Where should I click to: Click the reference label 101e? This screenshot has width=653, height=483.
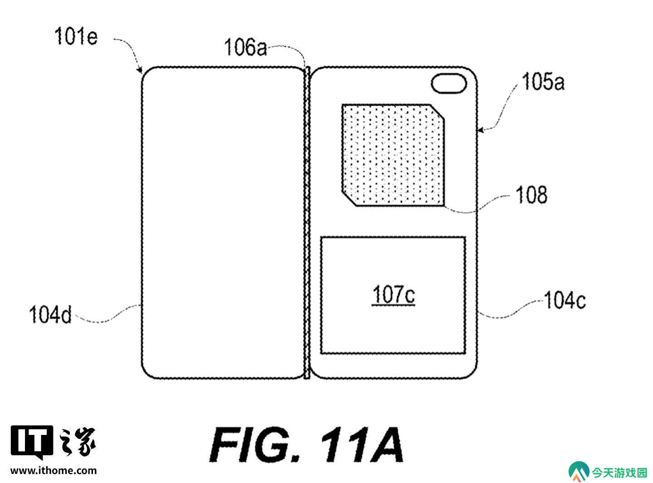point(76,36)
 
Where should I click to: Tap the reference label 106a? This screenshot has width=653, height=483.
point(245,47)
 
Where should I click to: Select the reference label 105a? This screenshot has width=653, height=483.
point(543,82)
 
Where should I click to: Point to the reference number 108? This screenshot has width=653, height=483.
point(532,195)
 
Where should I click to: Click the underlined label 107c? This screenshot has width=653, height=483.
point(394,295)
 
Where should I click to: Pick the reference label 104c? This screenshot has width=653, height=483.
point(565,300)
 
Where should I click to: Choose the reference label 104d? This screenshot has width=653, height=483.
point(50,315)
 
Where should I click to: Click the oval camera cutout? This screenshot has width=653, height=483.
point(448,83)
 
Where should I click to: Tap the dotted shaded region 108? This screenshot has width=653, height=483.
point(393,155)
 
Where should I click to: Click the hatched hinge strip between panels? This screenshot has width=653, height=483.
point(307,223)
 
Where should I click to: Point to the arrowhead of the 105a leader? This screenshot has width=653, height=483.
point(480,130)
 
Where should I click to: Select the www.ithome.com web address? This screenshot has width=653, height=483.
point(54,471)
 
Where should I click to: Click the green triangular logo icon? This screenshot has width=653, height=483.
point(579,472)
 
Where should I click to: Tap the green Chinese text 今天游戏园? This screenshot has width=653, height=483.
point(619,473)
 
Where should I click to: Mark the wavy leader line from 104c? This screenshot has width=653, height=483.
point(511,309)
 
